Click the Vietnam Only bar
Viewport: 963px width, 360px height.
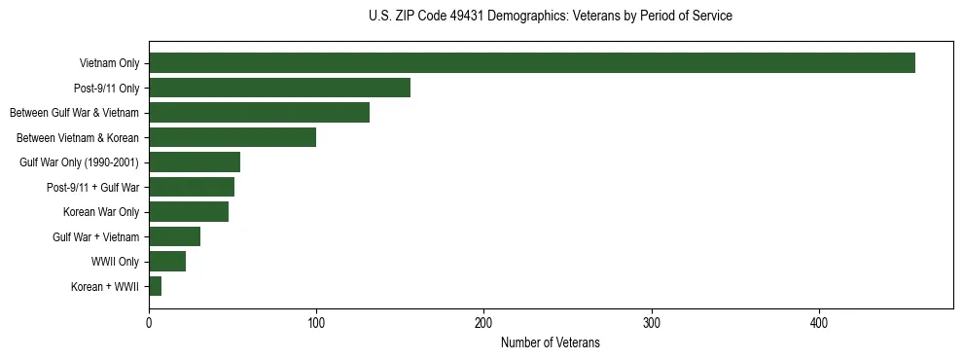(531, 63)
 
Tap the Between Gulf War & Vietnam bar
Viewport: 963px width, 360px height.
(259, 113)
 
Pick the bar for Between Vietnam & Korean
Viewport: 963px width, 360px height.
(232, 137)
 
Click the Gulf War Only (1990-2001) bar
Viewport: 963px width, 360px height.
(195, 162)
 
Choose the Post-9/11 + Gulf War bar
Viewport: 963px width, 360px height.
(192, 187)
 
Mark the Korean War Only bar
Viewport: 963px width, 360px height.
(189, 212)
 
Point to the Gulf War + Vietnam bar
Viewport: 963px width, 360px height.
(174, 236)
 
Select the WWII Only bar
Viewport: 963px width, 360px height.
(167, 262)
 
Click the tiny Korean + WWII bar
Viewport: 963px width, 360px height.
(156, 286)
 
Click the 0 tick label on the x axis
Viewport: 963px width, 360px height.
(149, 323)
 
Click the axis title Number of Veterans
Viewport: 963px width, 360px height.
(550, 343)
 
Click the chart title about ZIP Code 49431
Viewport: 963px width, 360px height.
(550, 17)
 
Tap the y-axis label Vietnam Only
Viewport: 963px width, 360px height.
(109, 63)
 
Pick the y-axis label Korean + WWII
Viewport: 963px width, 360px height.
(105, 287)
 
